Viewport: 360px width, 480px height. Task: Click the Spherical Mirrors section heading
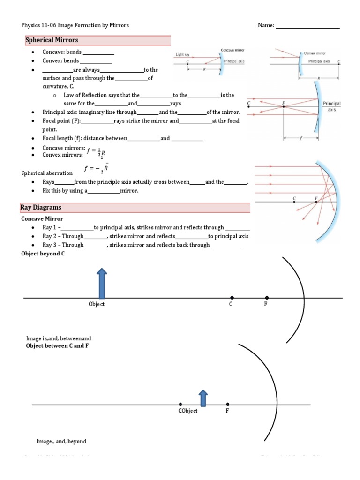[x=52, y=40]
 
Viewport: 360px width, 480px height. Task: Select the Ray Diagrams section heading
[x=41, y=207]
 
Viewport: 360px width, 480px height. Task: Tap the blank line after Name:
[x=307, y=26]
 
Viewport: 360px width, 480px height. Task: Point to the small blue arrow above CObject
[x=203, y=397]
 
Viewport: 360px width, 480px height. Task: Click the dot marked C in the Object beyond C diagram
[x=232, y=298]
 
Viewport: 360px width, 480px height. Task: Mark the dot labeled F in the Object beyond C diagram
[x=267, y=298]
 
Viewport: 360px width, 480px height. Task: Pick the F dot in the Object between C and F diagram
[x=228, y=404]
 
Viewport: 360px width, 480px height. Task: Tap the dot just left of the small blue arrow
[x=180, y=404]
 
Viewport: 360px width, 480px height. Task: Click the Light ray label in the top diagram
[x=183, y=54]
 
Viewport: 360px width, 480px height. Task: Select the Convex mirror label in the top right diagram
[x=315, y=53]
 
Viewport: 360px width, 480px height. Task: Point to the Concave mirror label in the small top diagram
[x=232, y=50]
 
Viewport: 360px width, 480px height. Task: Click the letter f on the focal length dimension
[x=301, y=138]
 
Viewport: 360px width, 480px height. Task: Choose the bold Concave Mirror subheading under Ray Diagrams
[x=42, y=218]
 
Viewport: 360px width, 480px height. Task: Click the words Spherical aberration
[x=47, y=173]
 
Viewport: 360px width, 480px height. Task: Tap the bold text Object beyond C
[x=43, y=254]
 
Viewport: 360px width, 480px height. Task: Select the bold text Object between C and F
[x=57, y=345]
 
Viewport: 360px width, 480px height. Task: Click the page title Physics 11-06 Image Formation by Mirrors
[x=75, y=25]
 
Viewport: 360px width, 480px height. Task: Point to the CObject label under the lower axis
[x=187, y=411]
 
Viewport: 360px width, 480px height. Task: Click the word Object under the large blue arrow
[x=97, y=304]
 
